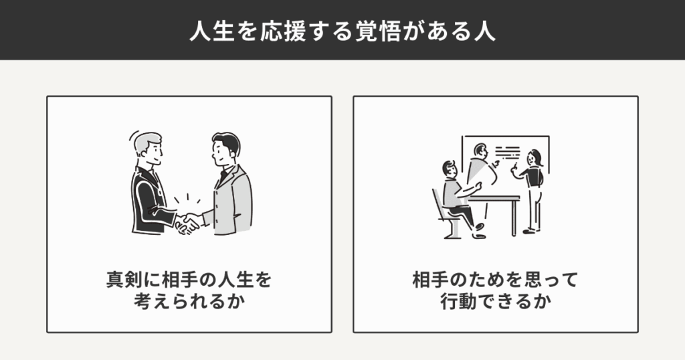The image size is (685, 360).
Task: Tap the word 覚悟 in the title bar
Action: (x=378, y=31)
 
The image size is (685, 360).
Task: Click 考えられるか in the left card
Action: (x=189, y=302)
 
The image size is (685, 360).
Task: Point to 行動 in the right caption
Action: (x=458, y=302)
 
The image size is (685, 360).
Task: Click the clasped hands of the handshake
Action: (x=187, y=223)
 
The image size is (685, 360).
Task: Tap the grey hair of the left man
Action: (x=146, y=142)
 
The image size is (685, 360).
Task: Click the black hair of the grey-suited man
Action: (x=227, y=142)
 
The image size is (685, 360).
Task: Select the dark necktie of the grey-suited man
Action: (x=223, y=175)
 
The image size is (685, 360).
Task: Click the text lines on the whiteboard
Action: (x=507, y=153)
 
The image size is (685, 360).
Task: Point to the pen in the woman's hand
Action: (x=514, y=166)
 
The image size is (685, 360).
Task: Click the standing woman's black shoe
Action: (x=529, y=231)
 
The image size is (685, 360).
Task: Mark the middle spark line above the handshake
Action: (x=187, y=197)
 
